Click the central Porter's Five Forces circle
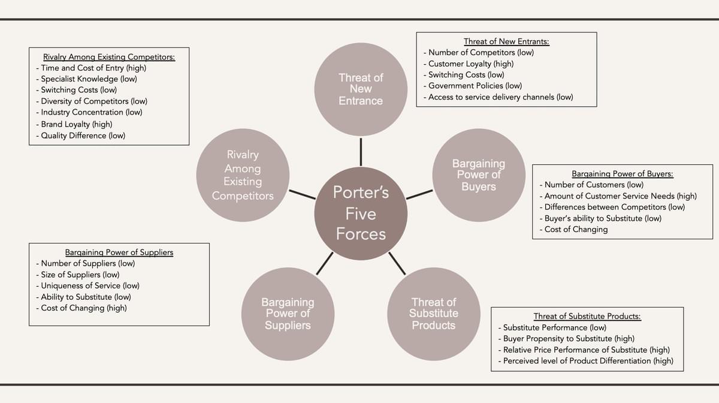[x=361, y=213]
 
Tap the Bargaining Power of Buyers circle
[x=479, y=175]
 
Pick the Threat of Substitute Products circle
[x=433, y=314]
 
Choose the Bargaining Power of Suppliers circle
[x=288, y=314]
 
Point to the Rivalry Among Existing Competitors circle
[x=243, y=175]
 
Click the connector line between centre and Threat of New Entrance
[x=361, y=152]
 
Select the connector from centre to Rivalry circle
[x=302, y=194]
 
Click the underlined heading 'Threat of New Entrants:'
[x=506, y=41]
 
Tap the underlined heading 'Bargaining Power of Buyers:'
[x=622, y=174]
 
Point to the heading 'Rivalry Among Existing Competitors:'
[x=109, y=57]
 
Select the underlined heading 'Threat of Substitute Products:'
[x=587, y=317]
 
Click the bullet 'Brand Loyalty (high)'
[x=76, y=124]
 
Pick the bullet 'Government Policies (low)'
[x=475, y=86]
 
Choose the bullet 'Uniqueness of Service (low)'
[x=90, y=285]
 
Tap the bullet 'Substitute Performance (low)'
[x=554, y=327]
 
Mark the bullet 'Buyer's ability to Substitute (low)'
[x=603, y=218]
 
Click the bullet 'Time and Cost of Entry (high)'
[x=93, y=68]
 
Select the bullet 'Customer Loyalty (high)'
[x=470, y=64]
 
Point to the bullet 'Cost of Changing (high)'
[x=83, y=308]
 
